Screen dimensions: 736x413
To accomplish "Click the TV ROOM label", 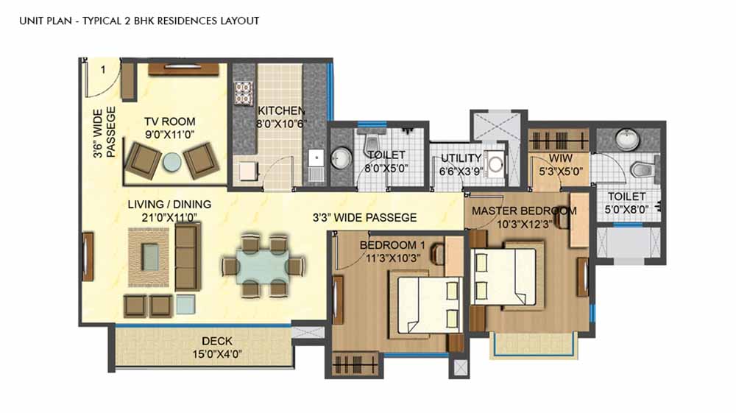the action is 170,121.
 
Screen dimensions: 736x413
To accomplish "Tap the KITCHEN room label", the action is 281,110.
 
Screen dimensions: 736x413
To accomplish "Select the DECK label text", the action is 217,341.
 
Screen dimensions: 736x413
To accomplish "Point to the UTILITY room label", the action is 461,158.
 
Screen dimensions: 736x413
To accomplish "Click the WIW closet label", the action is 560,158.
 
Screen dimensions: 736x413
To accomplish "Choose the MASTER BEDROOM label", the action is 524,211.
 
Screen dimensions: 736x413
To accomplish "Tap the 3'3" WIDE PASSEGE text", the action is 365,218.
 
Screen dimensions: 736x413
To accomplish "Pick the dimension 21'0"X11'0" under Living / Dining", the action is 169,217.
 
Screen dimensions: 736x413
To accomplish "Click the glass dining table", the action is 263,266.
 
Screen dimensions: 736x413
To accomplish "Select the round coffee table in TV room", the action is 171,162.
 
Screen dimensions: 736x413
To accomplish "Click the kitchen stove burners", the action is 244,93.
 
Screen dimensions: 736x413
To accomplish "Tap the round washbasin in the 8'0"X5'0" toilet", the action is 342,158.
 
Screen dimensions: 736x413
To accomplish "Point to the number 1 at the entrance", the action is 103,70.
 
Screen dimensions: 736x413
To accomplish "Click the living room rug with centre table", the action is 150,258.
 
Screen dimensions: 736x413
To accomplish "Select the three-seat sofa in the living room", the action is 188,257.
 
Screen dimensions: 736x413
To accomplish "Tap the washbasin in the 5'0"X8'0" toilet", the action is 626,138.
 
